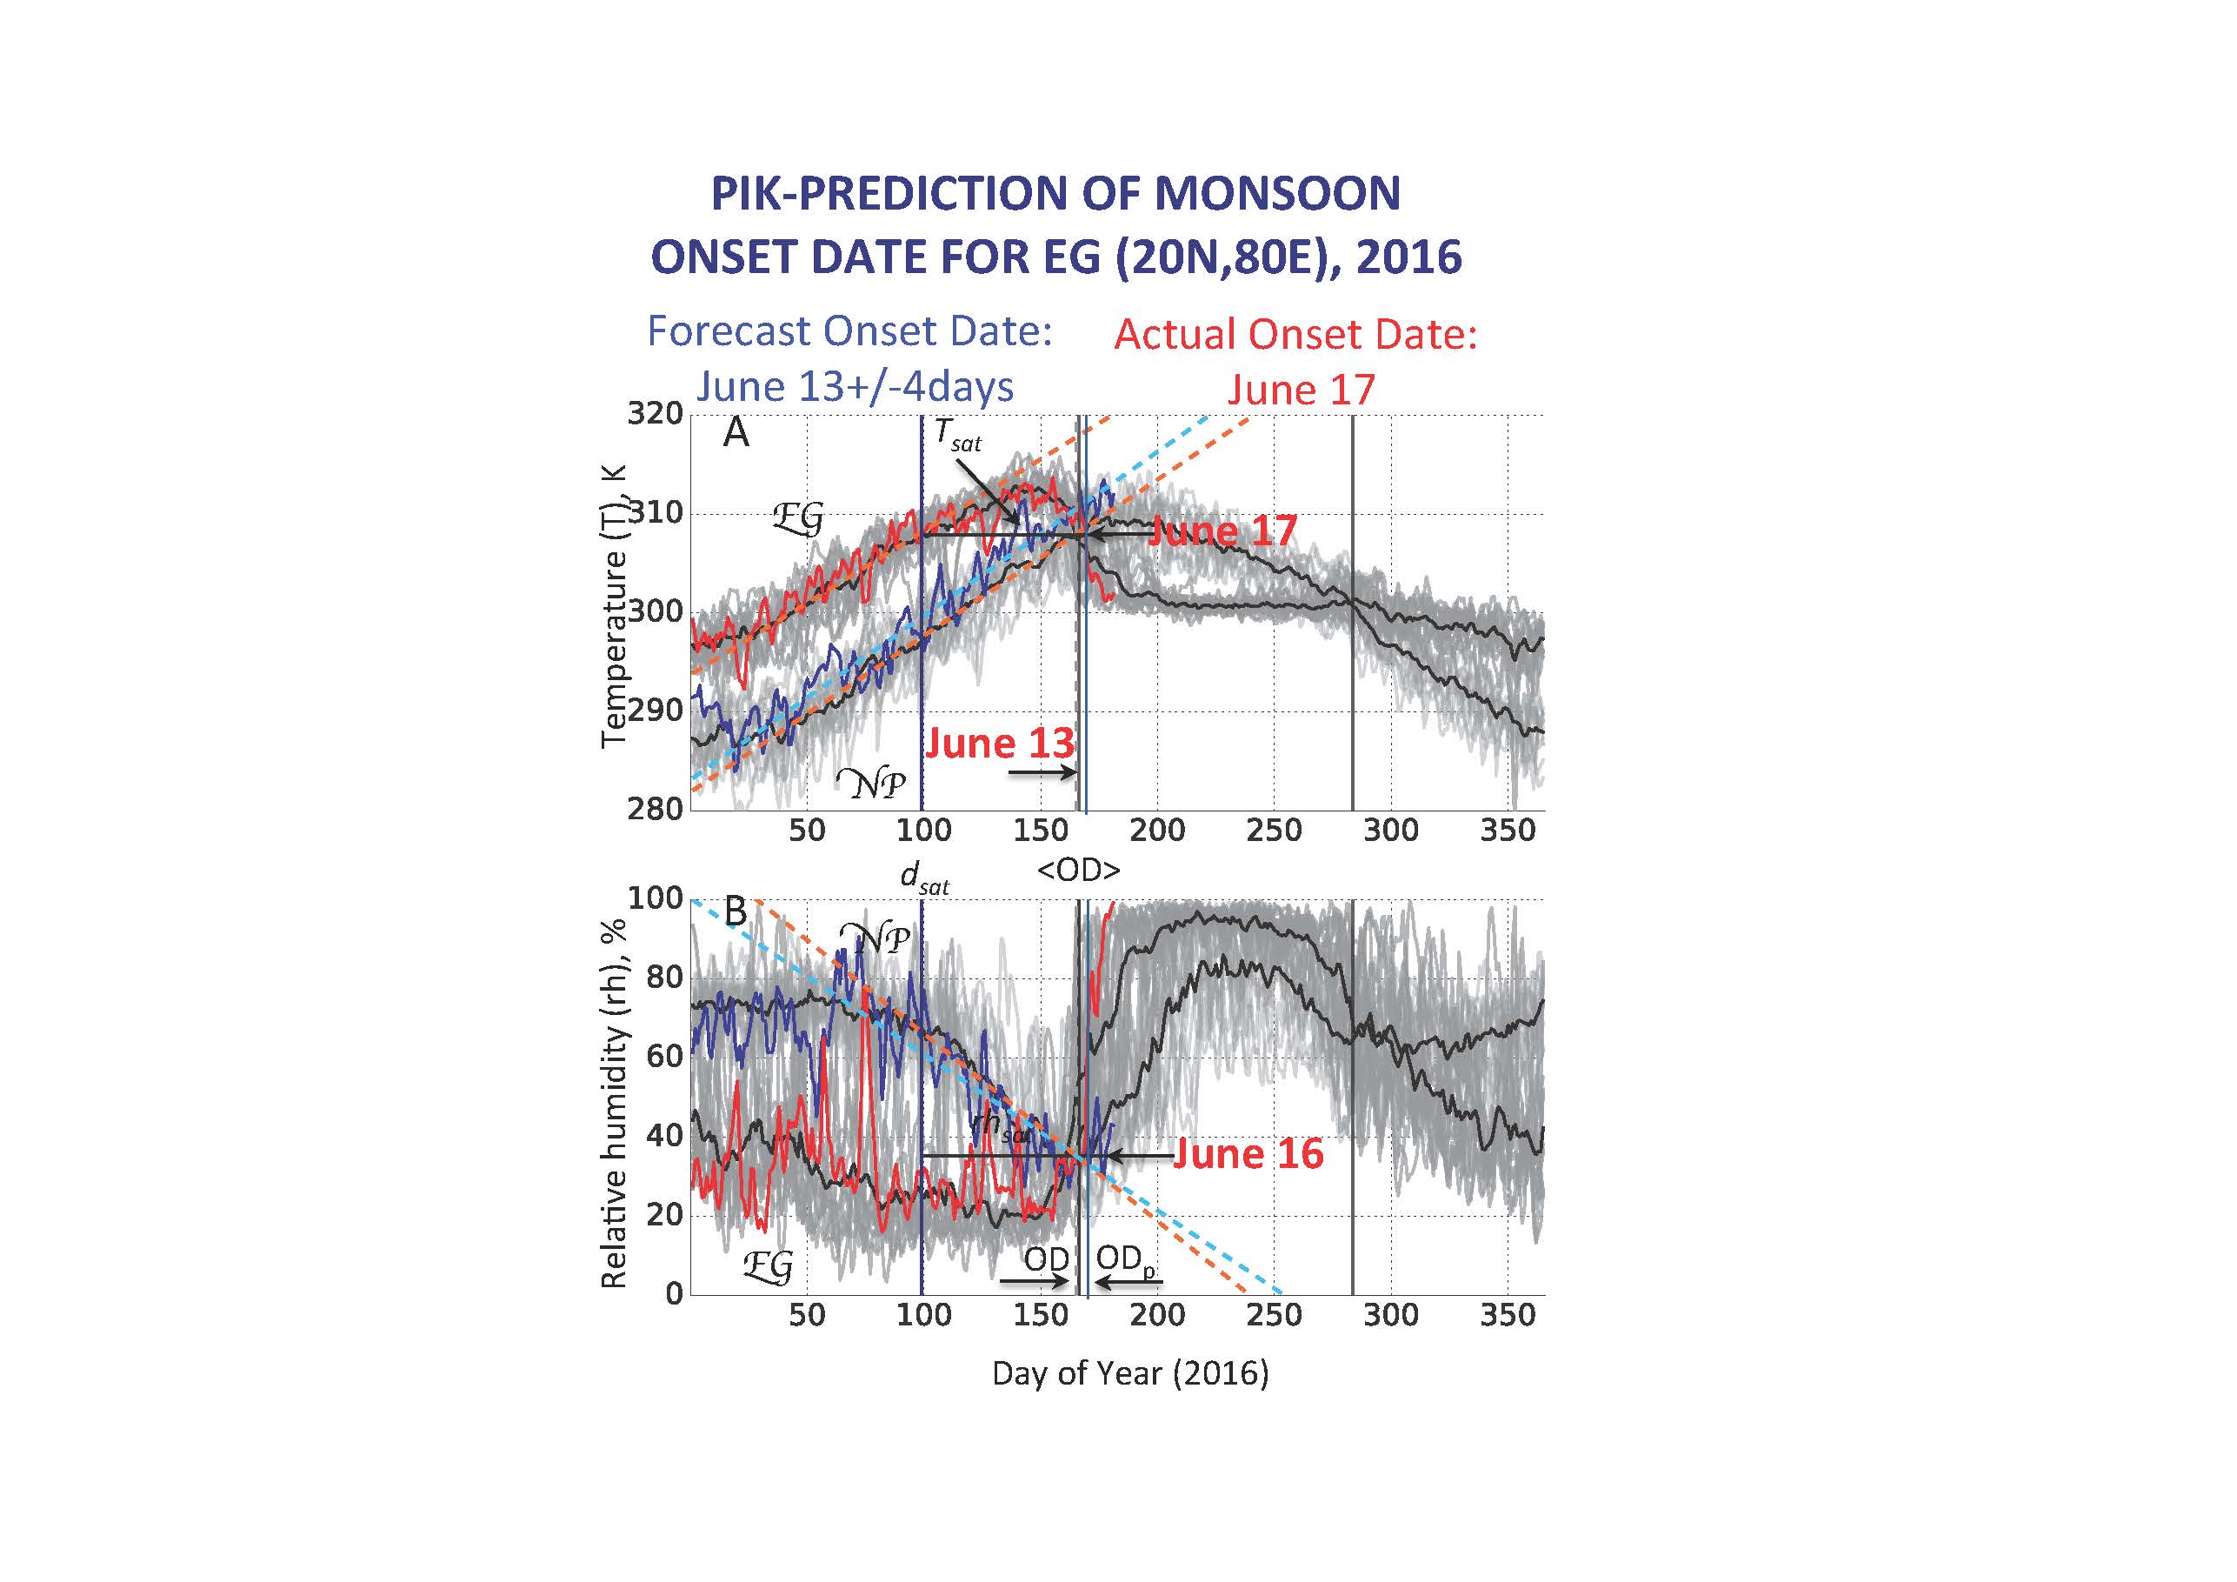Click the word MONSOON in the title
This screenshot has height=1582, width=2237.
(x=1277, y=194)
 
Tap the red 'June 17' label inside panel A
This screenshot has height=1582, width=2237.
(x=1222, y=531)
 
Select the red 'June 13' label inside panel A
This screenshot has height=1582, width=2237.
(x=1000, y=744)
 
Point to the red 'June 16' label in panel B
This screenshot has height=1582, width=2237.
(x=1248, y=1154)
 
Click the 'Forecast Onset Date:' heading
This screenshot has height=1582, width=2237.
(x=849, y=331)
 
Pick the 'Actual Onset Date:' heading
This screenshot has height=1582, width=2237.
(x=1295, y=334)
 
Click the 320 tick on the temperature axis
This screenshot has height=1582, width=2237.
(x=655, y=413)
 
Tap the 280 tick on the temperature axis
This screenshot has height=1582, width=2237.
(x=655, y=809)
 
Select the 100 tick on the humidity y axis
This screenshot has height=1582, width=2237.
(x=655, y=898)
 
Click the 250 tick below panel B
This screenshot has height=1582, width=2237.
(x=1274, y=1315)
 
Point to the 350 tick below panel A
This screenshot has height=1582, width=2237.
(x=1508, y=831)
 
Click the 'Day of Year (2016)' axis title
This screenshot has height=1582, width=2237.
(x=1130, y=1373)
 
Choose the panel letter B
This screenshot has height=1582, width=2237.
(x=736, y=912)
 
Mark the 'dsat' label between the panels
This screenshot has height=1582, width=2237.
(x=923, y=878)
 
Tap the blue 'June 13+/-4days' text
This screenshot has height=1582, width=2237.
(x=855, y=387)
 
